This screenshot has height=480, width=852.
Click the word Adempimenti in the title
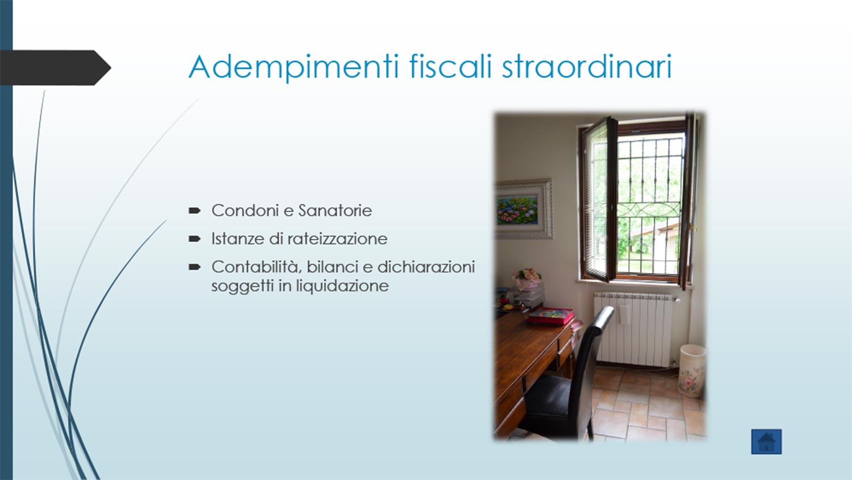(x=294, y=68)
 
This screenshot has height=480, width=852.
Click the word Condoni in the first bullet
(x=245, y=210)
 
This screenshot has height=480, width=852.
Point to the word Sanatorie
(x=335, y=210)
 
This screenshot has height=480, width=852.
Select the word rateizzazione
(x=337, y=239)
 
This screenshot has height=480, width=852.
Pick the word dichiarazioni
(x=426, y=267)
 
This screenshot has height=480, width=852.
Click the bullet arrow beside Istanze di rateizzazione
(x=194, y=239)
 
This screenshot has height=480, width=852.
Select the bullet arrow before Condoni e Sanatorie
(x=194, y=210)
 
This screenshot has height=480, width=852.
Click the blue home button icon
(x=766, y=442)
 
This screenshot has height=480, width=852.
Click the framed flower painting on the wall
(x=523, y=209)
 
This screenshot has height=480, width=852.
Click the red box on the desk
(x=550, y=316)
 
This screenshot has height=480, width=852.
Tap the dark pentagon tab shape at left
(x=56, y=68)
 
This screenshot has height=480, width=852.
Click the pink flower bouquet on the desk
(x=527, y=275)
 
